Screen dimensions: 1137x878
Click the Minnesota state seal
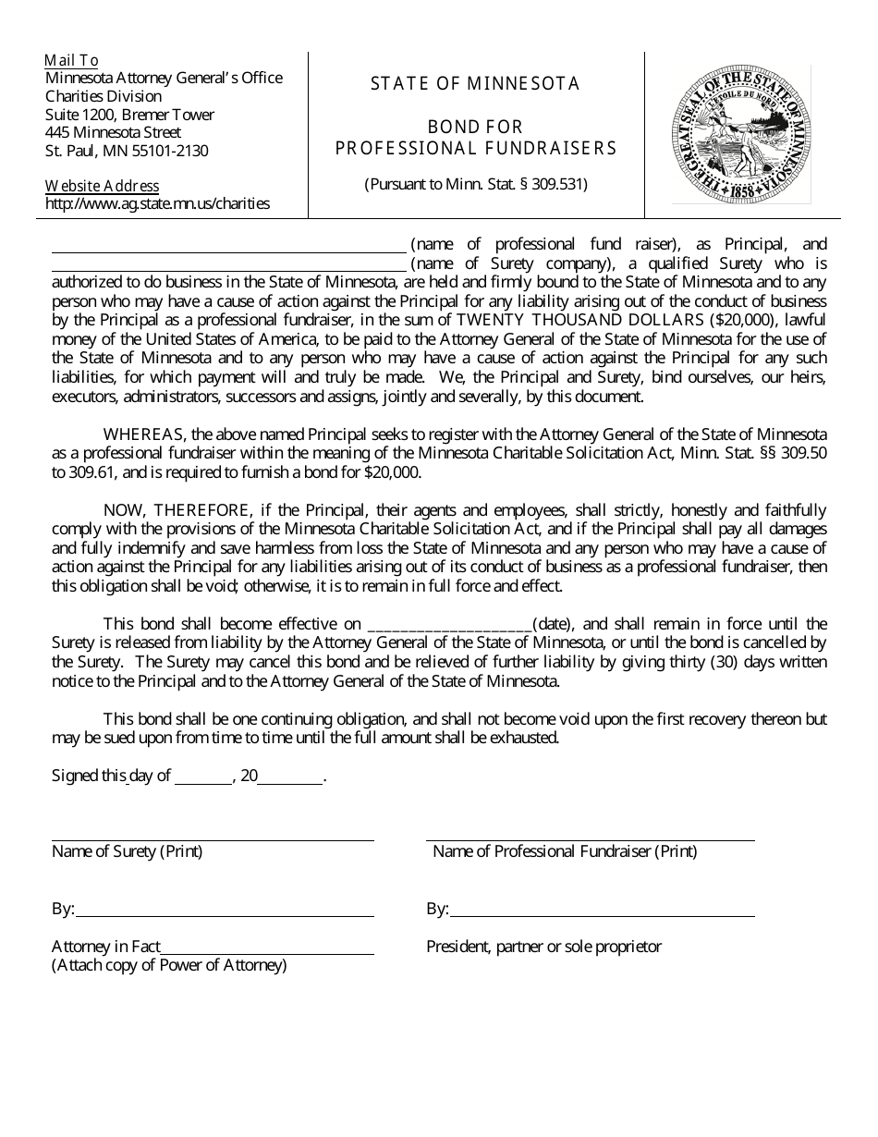click(x=741, y=135)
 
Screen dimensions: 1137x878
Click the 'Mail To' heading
click(x=72, y=60)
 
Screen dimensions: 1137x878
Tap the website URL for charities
click(x=158, y=203)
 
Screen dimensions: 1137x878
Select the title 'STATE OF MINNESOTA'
click(x=475, y=84)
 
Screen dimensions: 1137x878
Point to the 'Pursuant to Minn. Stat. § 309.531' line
click(x=475, y=184)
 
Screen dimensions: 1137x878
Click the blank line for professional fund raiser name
click(x=228, y=246)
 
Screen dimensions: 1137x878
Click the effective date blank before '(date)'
click(x=449, y=625)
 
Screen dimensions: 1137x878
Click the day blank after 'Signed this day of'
click(x=202, y=777)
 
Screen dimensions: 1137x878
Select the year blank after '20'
click(x=290, y=777)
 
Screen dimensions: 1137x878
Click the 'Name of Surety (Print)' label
click(x=127, y=851)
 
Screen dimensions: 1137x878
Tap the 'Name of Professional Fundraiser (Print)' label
click(x=565, y=851)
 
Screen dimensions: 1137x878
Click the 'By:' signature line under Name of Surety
click(x=225, y=911)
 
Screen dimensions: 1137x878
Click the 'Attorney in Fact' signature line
click(x=267, y=947)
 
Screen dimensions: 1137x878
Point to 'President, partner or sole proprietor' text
click(x=543, y=947)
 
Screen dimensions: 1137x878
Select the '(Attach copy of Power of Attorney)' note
click(x=169, y=966)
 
